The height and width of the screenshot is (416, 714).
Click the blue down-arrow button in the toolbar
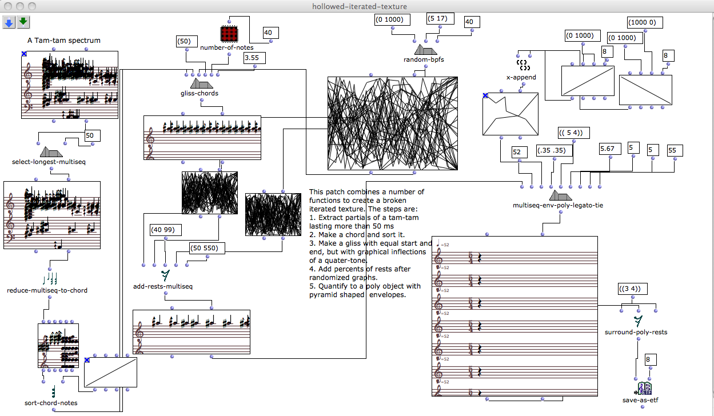9,22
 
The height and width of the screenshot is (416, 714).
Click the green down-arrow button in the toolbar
23,22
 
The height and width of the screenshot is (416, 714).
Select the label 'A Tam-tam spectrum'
64,41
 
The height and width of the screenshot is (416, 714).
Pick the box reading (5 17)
440,19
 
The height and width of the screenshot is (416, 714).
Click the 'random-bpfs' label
424,59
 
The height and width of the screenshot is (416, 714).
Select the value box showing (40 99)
165,230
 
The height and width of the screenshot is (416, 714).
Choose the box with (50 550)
208,248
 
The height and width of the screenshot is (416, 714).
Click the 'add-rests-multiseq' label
165,286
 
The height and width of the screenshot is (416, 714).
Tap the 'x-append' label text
521,77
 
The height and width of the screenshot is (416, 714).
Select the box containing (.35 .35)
552,151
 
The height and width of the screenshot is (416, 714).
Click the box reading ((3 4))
632,289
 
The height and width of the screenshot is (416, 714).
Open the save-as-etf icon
644,389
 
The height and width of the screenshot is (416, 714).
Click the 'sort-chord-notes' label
51,403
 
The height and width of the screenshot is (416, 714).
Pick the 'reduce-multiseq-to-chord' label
47,290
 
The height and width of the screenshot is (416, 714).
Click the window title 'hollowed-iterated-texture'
356,6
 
